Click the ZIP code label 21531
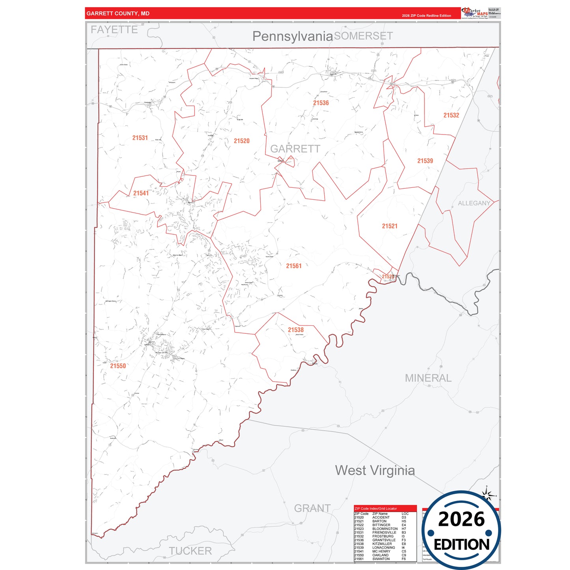tap(140, 138)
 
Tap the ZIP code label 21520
tap(241, 141)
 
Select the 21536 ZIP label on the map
tap(321, 103)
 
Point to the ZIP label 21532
tap(451, 116)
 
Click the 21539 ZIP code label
tap(425, 161)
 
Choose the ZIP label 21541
tap(141, 193)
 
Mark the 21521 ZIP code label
tap(389, 226)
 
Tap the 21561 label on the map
tap(293, 266)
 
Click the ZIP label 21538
tap(295, 330)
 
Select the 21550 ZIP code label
tap(118, 366)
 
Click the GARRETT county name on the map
tap(295, 149)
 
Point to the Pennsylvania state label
tap(292, 36)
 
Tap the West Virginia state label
tap(375, 470)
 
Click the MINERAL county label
tap(428, 378)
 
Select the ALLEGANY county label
tap(474, 204)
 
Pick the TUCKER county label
tap(190, 551)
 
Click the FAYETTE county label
tap(114, 30)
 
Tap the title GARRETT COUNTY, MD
tap(118, 13)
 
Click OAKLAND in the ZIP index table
tap(380, 555)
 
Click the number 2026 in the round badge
tap(461, 519)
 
